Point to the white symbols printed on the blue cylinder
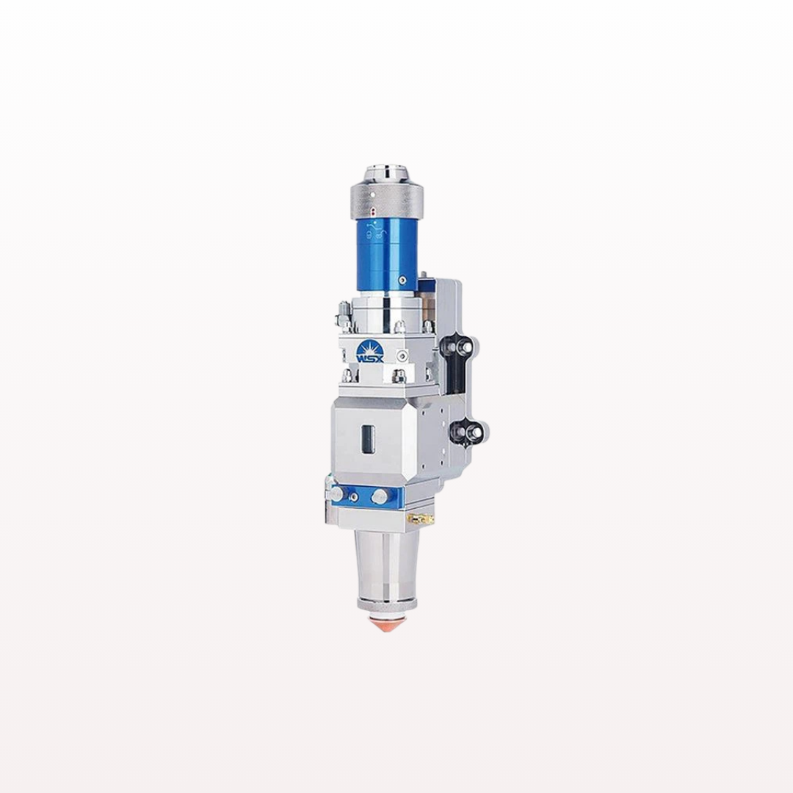pyautogui.click(x=375, y=231)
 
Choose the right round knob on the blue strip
pyautogui.click(x=380, y=496)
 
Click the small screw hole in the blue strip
pyautogui.click(x=354, y=497)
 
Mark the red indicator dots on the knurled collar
pyautogui.click(x=374, y=211)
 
